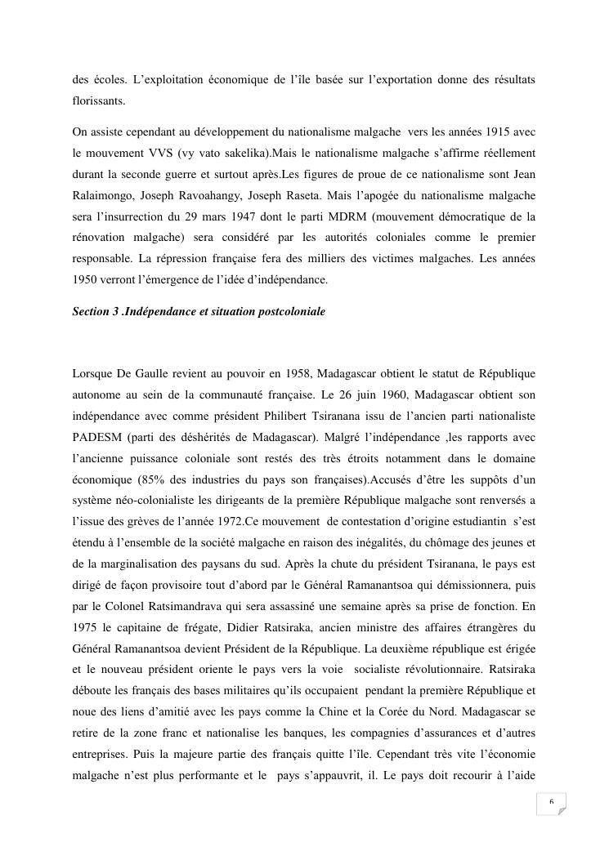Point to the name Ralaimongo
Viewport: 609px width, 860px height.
101,195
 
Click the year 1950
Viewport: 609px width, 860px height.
85,280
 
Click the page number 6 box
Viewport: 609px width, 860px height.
550,803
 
